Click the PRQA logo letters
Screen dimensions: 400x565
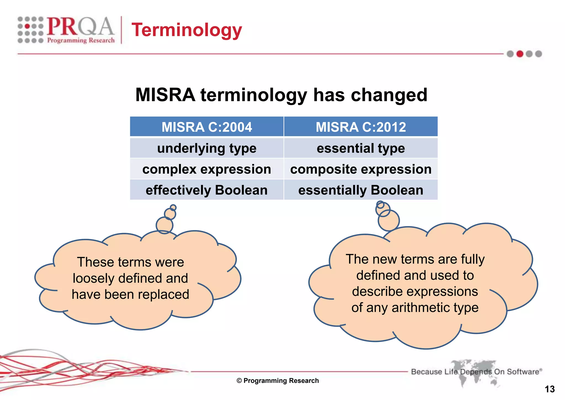coord(80,27)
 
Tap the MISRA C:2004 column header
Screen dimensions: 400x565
coord(207,127)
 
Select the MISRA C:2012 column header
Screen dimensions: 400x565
coord(361,127)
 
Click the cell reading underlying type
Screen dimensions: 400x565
coord(207,148)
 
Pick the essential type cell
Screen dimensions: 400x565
coord(361,148)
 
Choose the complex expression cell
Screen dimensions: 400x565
coord(207,169)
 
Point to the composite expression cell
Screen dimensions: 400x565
coord(361,169)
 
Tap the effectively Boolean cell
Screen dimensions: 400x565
coord(207,190)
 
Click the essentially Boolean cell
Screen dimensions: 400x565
coord(361,190)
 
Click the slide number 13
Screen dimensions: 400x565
coord(550,389)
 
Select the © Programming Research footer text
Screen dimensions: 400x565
coord(278,381)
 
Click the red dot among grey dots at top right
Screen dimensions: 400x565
coord(520,54)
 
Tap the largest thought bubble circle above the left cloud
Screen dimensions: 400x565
coord(164,225)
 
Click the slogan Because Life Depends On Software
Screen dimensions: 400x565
coord(476,372)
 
